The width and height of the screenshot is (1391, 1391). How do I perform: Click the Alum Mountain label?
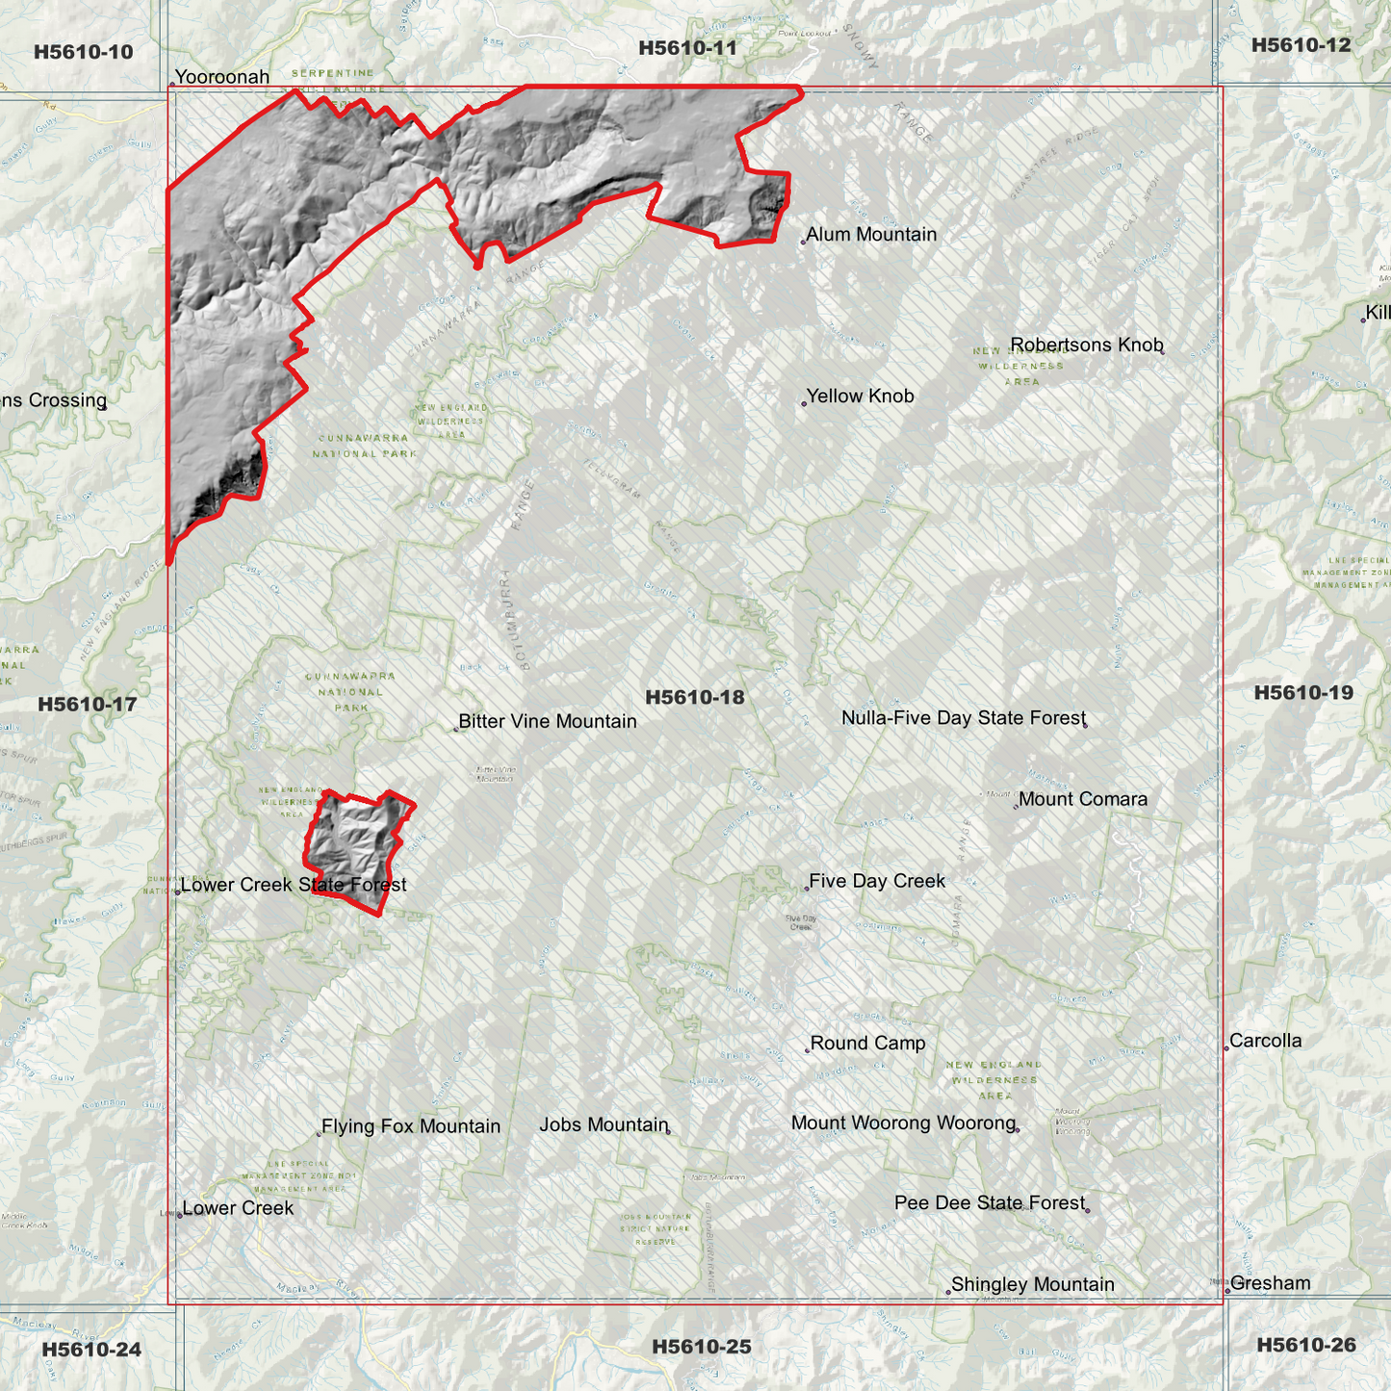click(871, 234)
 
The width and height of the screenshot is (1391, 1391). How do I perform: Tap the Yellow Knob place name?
click(860, 396)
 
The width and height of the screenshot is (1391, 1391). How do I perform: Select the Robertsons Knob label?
click(1086, 345)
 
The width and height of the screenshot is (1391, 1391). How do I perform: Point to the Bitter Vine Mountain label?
click(547, 721)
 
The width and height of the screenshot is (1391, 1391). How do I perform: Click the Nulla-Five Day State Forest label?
click(963, 717)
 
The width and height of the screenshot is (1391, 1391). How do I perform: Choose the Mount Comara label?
click(1082, 799)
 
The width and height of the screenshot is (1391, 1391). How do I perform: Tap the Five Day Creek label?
click(876, 881)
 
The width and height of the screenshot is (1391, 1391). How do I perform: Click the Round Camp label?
click(867, 1043)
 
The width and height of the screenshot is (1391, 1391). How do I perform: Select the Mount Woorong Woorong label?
click(903, 1122)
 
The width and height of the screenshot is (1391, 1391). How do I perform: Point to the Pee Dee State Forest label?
click(989, 1202)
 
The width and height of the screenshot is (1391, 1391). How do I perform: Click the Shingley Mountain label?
click(1032, 1284)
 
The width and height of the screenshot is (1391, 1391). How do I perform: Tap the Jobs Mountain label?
click(604, 1124)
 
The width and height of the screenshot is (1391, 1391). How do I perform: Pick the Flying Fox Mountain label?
click(410, 1126)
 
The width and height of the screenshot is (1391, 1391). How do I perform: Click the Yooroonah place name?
click(221, 77)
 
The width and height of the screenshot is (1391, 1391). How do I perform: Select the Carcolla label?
click(1265, 1041)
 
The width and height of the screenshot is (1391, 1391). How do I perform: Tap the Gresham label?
click(1270, 1283)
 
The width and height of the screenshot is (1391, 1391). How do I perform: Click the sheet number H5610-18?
click(695, 697)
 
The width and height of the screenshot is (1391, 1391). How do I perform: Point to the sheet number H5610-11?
click(687, 48)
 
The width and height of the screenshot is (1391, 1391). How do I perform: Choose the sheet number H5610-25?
click(701, 1347)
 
